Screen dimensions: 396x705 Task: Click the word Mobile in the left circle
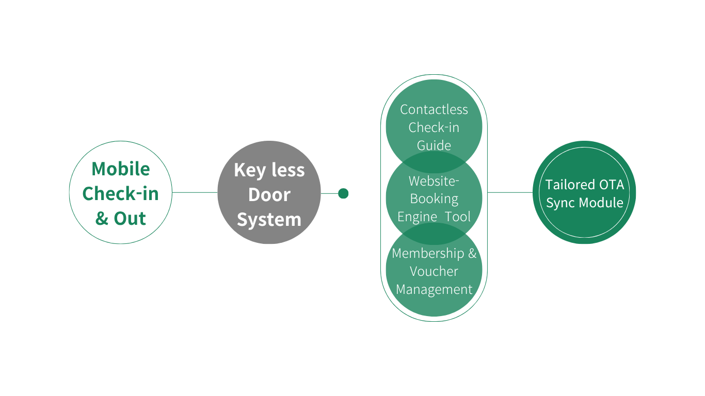121,169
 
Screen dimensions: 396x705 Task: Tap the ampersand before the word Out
102,219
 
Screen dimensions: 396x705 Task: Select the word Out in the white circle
130,219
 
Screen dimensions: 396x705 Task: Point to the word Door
269,195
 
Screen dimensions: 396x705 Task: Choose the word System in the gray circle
269,220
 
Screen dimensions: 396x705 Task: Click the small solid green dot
343,193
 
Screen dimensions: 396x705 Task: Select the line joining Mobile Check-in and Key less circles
195,192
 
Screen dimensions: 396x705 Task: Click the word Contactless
434,109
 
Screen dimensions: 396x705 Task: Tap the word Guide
434,145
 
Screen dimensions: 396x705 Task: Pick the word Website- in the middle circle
434,181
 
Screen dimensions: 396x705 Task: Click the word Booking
434,199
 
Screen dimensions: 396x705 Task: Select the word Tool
458,217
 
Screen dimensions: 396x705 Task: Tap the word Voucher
434,271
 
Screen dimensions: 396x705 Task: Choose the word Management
434,290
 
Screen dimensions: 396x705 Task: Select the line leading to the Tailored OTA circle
510,192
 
